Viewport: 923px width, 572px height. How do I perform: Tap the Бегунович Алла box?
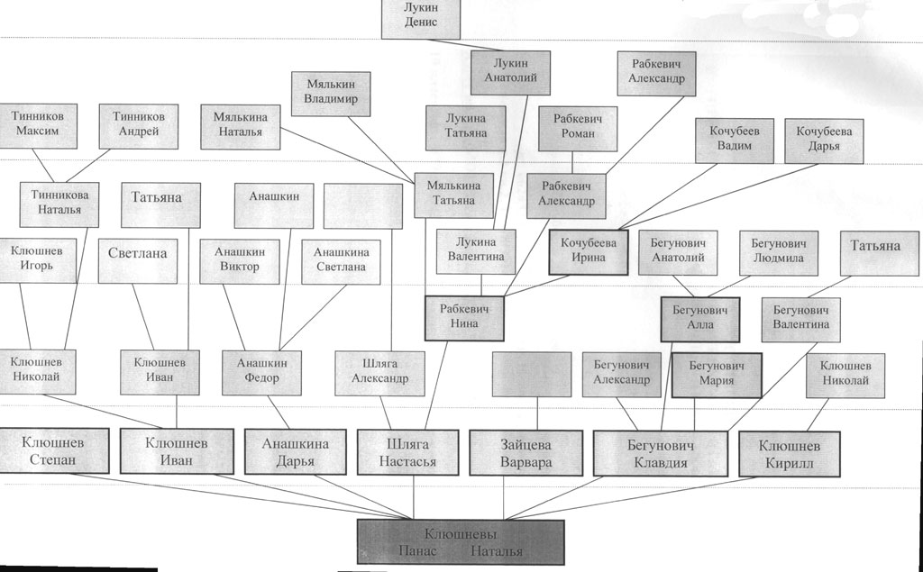pyautogui.click(x=700, y=318)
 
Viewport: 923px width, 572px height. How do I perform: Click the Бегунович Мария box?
pyautogui.click(x=717, y=373)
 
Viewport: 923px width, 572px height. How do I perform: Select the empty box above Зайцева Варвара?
pyautogui.click(x=532, y=373)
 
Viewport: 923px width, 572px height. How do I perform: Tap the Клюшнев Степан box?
pyautogui.click(x=52, y=451)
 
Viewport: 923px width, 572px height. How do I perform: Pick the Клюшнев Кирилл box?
pyautogui.click(x=790, y=454)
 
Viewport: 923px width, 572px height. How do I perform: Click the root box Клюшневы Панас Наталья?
pyautogui.click(x=460, y=541)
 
